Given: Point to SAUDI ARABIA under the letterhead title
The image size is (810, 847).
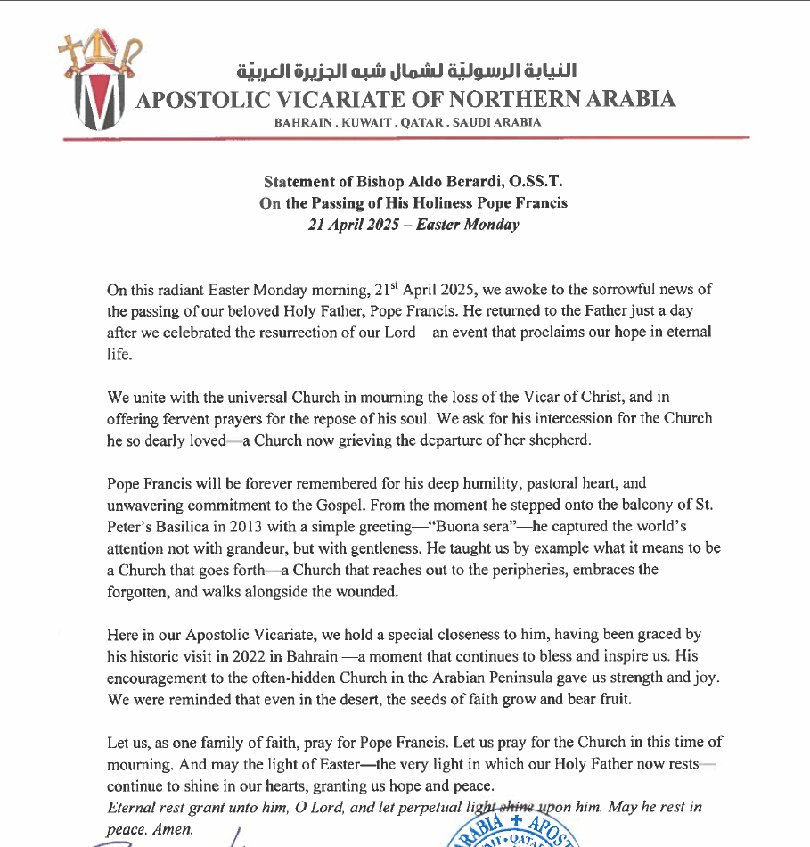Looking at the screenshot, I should [x=497, y=123].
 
